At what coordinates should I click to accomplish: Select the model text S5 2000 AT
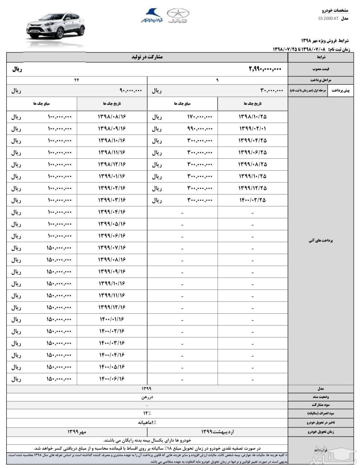[328, 18]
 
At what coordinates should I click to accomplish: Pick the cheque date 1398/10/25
[253, 117]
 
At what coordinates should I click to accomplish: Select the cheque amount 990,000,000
[200, 129]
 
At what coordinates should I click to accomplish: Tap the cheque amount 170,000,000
[200, 117]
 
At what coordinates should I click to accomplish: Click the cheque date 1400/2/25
[253, 200]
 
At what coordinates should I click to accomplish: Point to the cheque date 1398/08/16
[112, 117]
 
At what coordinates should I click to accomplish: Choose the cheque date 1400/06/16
[112, 379]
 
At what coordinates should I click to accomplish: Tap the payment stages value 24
[77, 80]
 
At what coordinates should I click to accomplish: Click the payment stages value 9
[217, 80]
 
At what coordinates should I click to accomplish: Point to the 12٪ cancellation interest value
[147, 413]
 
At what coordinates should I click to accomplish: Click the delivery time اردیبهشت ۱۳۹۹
[217, 432]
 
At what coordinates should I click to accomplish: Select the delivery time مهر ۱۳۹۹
[77, 432]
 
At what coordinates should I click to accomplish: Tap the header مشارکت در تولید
[147, 57]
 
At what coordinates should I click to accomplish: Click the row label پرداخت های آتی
[321, 241]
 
